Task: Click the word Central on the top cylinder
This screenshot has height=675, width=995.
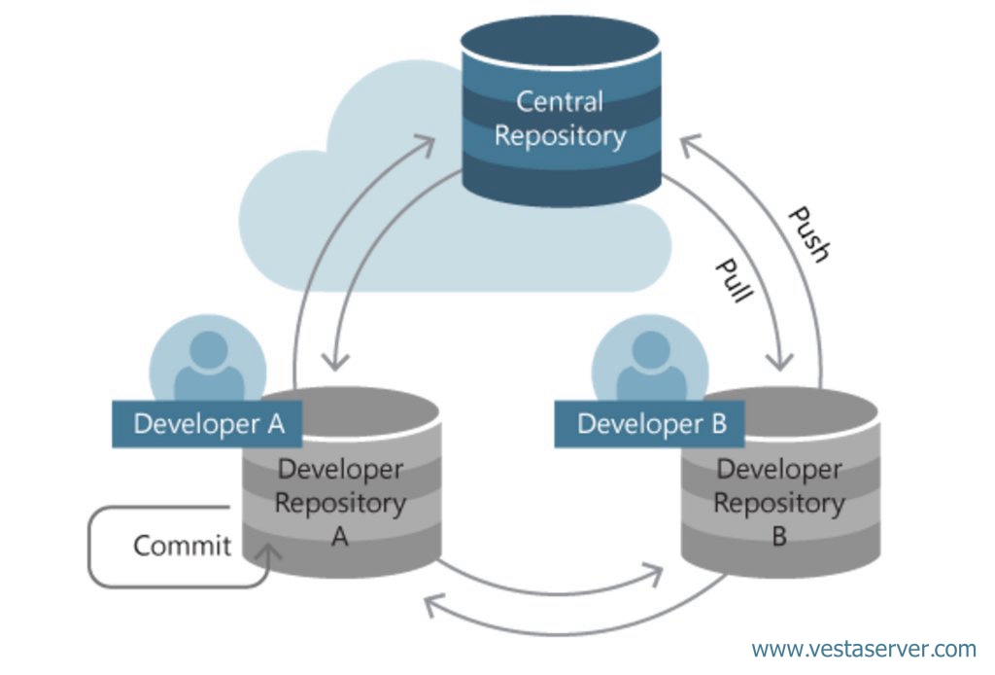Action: [x=559, y=101]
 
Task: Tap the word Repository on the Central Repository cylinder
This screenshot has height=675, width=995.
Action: [x=561, y=136]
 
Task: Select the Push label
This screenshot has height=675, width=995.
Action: [x=808, y=234]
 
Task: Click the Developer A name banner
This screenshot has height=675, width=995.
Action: [x=207, y=423]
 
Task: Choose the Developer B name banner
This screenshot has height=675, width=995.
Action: [x=649, y=423]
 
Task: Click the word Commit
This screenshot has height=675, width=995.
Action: [x=182, y=546]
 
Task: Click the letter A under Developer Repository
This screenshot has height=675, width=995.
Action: [x=339, y=537]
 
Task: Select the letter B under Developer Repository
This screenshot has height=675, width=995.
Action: [x=779, y=537]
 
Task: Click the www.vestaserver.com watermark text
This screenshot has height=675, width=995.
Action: [x=864, y=650]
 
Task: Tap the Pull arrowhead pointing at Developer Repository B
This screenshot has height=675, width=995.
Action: [x=780, y=359]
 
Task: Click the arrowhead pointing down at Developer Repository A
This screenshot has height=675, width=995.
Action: [x=335, y=359]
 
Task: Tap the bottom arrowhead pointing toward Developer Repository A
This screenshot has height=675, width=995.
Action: [x=433, y=605]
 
